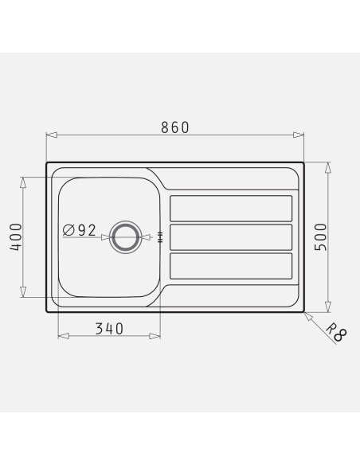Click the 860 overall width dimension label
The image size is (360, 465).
(174, 127)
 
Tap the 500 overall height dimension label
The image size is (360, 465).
(320, 237)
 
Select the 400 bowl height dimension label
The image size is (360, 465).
(16, 237)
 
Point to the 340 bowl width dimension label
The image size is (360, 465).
(109, 329)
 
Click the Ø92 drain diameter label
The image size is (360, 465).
(80, 230)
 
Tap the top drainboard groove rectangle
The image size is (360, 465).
(231, 208)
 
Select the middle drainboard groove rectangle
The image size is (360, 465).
(231, 237)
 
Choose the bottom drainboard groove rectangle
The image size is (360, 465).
(231, 266)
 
